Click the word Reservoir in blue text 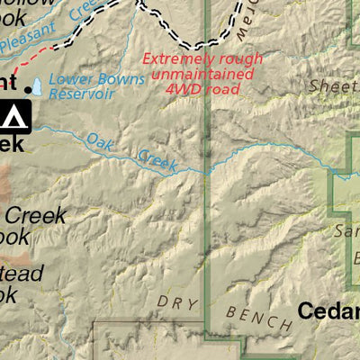(81, 94)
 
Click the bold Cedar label (328, 311)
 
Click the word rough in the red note (241, 59)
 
